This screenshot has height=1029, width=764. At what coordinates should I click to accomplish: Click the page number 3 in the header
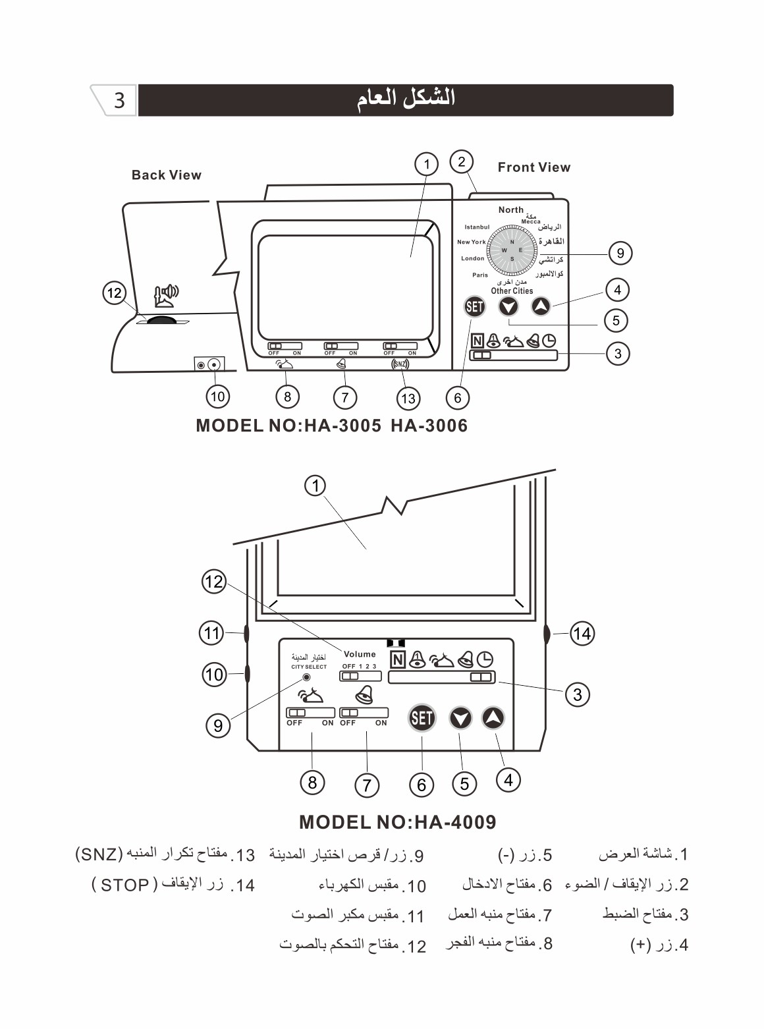(x=119, y=100)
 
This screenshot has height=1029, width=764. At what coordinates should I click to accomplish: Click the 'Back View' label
(x=166, y=175)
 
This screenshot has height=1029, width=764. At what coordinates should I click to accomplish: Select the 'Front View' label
(x=533, y=167)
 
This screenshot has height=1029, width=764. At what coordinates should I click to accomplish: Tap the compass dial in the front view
(x=512, y=250)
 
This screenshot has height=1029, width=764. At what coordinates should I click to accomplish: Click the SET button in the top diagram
(x=474, y=306)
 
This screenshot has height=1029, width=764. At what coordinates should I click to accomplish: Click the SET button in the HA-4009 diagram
(x=422, y=717)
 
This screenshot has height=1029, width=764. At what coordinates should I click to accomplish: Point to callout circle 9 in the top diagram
(x=620, y=253)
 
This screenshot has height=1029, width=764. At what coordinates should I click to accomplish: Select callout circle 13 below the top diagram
(x=408, y=398)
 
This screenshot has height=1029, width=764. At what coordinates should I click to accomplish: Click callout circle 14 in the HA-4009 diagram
(x=582, y=634)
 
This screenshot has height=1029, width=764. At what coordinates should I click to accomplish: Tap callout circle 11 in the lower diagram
(x=211, y=633)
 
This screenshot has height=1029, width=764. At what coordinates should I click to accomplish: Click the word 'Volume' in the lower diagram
(x=360, y=654)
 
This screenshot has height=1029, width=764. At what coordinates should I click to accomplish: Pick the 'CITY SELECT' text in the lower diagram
(x=309, y=667)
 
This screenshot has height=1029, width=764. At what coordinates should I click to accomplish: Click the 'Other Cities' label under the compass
(x=512, y=291)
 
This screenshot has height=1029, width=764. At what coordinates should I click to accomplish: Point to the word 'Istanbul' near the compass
(x=477, y=227)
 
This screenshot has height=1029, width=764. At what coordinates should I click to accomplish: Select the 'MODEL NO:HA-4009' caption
(x=397, y=822)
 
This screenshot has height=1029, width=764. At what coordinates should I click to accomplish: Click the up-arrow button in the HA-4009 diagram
(x=493, y=717)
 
